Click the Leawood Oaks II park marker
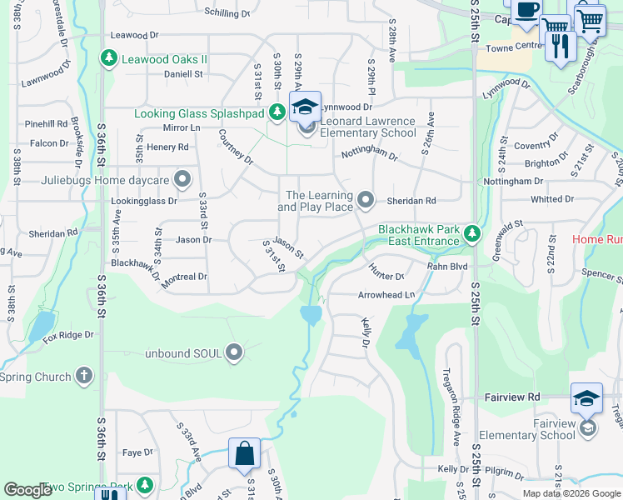107,58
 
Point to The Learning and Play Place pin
366,199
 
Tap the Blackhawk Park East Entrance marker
472,234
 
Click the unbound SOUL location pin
234,353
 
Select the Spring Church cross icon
84,377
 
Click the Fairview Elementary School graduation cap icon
586,399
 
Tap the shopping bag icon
246,454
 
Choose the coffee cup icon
526,11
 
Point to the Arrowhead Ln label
386,295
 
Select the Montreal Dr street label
184,277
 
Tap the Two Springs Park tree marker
145,485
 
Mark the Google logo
28,490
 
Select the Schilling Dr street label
227,14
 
